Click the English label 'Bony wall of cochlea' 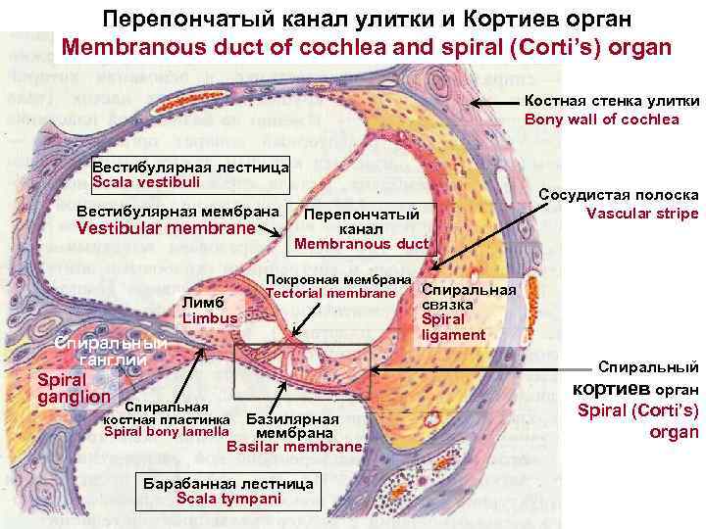coord(602,120)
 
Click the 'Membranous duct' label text coord(361,244)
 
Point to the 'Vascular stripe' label coord(642,213)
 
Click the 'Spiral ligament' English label coord(452,326)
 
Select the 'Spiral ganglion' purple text coord(73,388)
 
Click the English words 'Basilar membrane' coord(294,446)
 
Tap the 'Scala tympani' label coord(227,499)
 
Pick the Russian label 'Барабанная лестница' coord(228,484)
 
